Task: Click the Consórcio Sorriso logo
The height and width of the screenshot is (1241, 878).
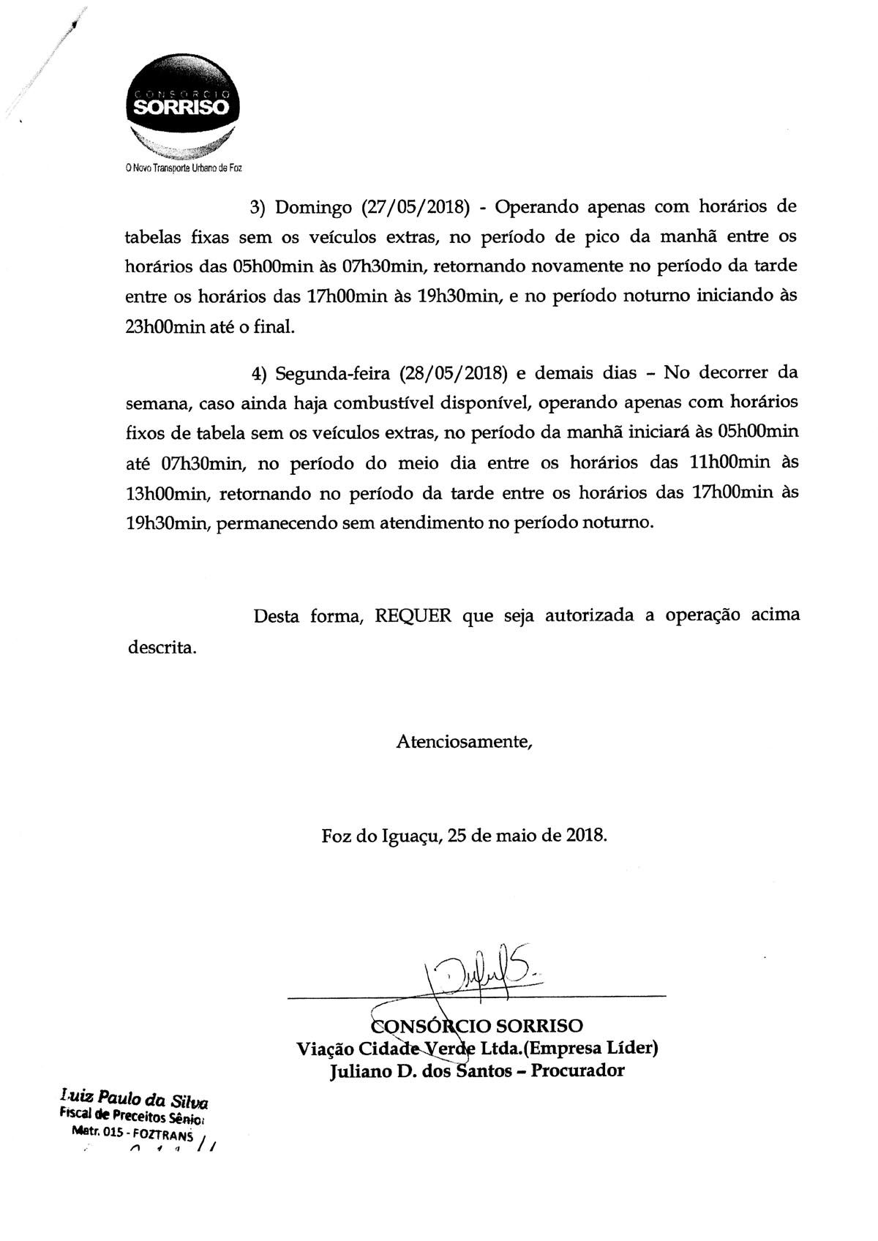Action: tap(181, 108)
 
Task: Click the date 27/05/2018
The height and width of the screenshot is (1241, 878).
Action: tap(416, 207)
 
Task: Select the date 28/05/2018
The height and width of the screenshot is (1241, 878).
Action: tap(454, 372)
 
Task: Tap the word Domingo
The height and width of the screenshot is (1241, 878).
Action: tap(312, 207)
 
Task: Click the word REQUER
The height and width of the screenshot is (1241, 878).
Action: tap(413, 616)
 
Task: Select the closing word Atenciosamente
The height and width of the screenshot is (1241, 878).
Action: tap(465, 742)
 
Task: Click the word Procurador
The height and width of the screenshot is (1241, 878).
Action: tap(577, 1071)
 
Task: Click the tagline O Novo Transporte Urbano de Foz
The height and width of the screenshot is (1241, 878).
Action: tap(183, 168)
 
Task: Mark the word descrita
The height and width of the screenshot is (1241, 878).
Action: tap(162, 648)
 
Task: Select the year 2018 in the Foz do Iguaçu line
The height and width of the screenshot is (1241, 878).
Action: tap(585, 835)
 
